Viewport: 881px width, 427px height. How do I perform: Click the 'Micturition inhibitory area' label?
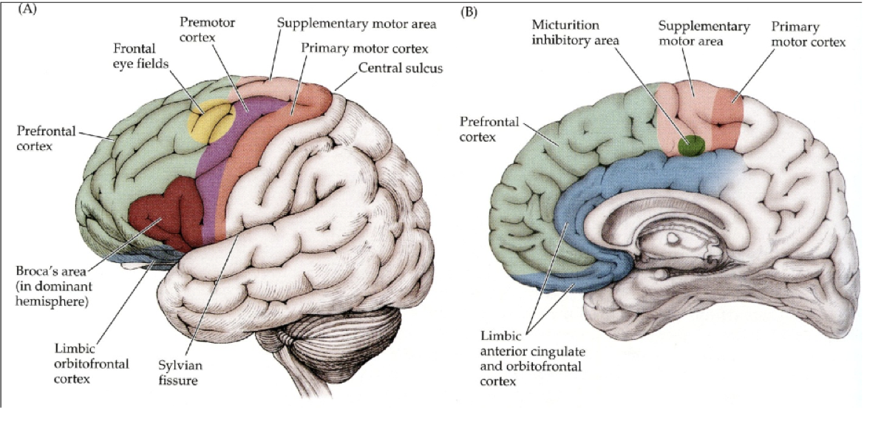[578, 33]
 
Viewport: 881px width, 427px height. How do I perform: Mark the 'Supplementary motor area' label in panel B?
[703, 34]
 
